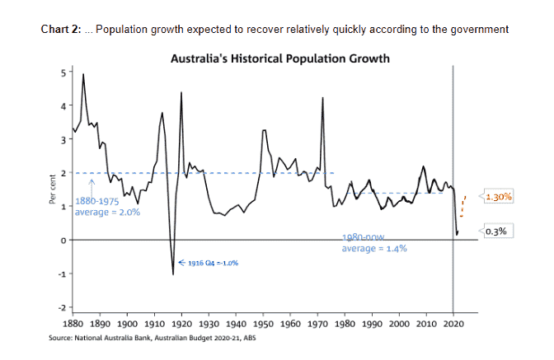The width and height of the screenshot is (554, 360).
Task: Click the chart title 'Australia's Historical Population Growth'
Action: coord(279,59)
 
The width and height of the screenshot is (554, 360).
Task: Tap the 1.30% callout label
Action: coord(499,197)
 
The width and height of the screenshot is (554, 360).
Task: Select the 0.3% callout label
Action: coord(496,231)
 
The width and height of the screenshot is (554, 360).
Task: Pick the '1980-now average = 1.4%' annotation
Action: coord(374,242)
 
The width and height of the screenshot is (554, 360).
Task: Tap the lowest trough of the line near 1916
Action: coord(173,274)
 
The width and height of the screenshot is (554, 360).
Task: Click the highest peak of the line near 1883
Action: coord(82,75)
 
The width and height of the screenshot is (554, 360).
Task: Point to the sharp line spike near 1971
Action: coord(322,98)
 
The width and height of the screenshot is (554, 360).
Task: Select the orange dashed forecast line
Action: coord(462,205)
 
